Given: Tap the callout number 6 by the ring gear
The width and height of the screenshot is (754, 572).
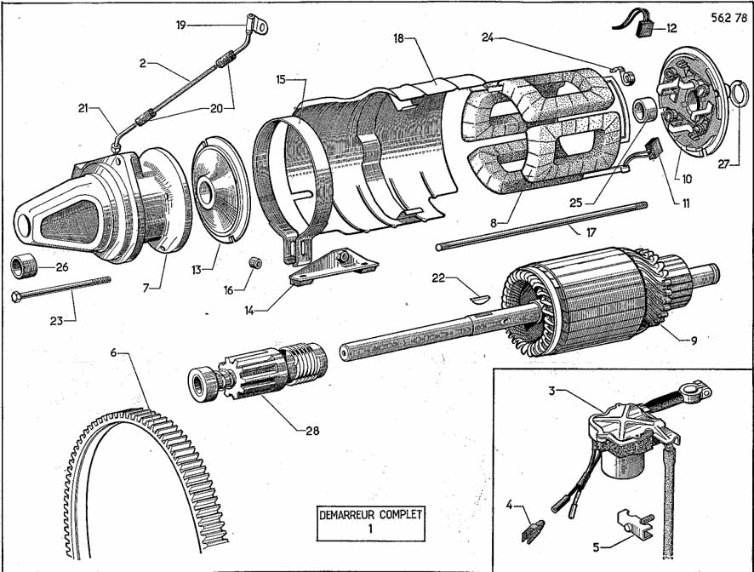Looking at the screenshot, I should point(113,352).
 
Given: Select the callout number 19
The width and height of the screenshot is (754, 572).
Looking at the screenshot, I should point(180,25).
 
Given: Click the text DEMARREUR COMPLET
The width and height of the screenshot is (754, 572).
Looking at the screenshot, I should point(370,514).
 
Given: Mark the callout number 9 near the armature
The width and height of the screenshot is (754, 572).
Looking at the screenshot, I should point(693,340).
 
